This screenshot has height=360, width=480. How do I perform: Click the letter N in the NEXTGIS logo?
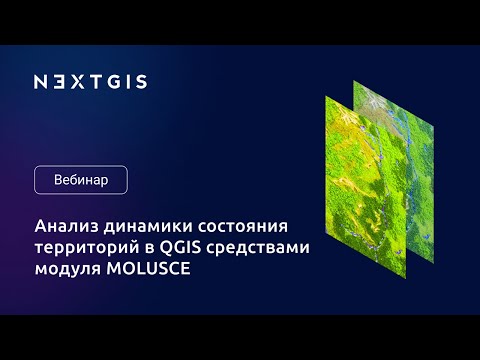[40, 81]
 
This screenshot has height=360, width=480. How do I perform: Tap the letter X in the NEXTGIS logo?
[74, 81]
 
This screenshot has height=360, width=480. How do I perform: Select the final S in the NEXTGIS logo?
[139, 81]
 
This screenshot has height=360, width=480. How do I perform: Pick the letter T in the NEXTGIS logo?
[91, 81]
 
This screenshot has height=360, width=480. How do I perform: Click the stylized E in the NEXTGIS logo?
[57, 81]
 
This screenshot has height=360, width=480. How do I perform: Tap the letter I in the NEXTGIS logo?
[124, 81]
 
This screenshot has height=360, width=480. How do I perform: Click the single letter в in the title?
[152, 247]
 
